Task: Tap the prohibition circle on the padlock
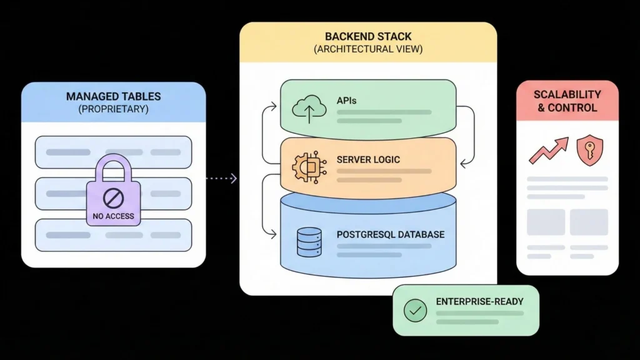click(x=114, y=198)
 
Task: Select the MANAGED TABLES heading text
click(x=114, y=97)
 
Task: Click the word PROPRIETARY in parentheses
click(x=114, y=109)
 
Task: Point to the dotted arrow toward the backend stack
click(x=221, y=179)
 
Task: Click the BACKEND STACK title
click(x=367, y=37)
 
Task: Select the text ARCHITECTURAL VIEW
click(x=367, y=49)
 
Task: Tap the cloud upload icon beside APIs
click(x=309, y=107)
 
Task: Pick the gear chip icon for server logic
click(x=306, y=165)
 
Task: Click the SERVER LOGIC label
click(x=368, y=159)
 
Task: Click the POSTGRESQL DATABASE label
click(x=391, y=234)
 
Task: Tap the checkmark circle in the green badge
click(x=415, y=311)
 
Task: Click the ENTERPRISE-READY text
click(x=479, y=301)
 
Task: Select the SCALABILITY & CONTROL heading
click(x=567, y=101)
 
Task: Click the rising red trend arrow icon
click(x=548, y=151)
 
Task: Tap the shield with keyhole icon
click(x=589, y=151)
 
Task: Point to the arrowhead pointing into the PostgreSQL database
click(x=272, y=235)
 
